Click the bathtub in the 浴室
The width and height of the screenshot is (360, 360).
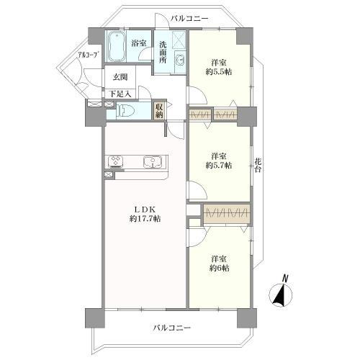[x=117, y=47]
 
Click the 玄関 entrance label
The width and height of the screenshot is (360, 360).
[x=119, y=78]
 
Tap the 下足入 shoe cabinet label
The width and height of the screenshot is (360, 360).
[x=120, y=93]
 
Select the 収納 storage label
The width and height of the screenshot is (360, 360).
[x=159, y=111]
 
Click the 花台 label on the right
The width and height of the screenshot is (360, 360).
[x=258, y=166]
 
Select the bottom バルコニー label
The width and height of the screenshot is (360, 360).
[x=172, y=328]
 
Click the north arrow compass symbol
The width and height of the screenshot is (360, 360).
[x=282, y=293]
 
